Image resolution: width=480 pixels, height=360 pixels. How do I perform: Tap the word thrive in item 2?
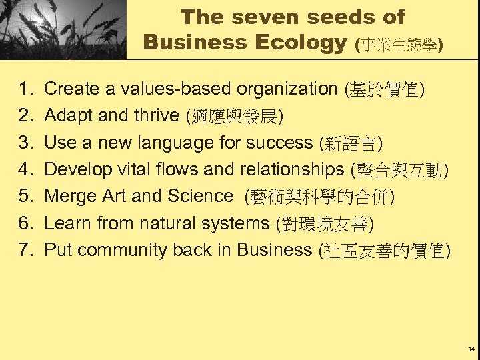[157, 116]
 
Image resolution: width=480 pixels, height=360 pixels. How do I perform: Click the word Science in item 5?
[199, 196]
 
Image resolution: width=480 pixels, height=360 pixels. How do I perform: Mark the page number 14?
[471, 349]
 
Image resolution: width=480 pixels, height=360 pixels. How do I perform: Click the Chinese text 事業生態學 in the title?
[400, 45]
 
